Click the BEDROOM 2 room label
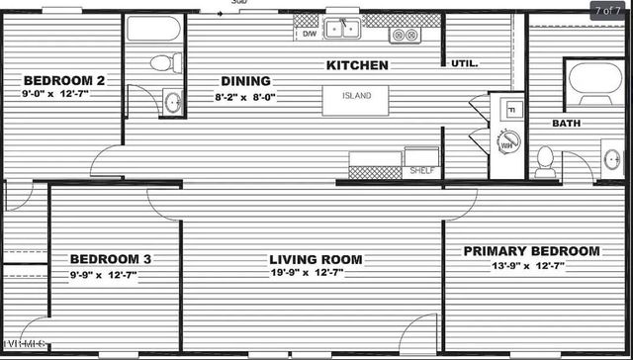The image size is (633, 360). tap(64, 80)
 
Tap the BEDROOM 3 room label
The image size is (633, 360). tap(110, 259)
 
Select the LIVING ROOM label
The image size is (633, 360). tap(316, 259)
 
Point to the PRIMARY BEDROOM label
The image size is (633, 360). tap(532, 251)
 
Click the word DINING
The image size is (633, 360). tap(240, 82)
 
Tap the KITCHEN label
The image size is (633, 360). tap(357, 65)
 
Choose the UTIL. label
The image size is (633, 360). tap(465, 63)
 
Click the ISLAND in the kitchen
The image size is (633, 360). tap(357, 97)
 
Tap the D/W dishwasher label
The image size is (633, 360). tap(309, 34)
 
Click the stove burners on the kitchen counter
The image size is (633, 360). tap(404, 35)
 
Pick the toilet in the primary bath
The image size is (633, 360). tap(545, 161)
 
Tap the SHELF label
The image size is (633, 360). tap(421, 171)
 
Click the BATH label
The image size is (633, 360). tap(566, 123)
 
